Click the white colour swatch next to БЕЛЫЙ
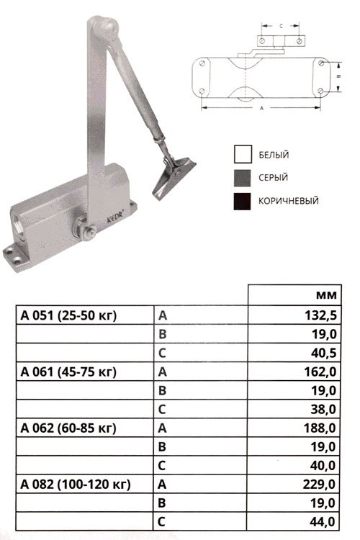(x=243, y=154)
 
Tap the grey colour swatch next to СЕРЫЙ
(x=243, y=178)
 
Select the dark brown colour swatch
(x=243, y=201)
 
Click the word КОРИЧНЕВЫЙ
(x=288, y=201)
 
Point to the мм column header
(x=326, y=295)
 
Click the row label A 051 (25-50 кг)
(x=68, y=315)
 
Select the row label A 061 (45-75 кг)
(x=68, y=372)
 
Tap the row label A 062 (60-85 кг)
(x=68, y=428)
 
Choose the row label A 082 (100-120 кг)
(x=76, y=485)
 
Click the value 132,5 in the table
(x=320, y=315)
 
